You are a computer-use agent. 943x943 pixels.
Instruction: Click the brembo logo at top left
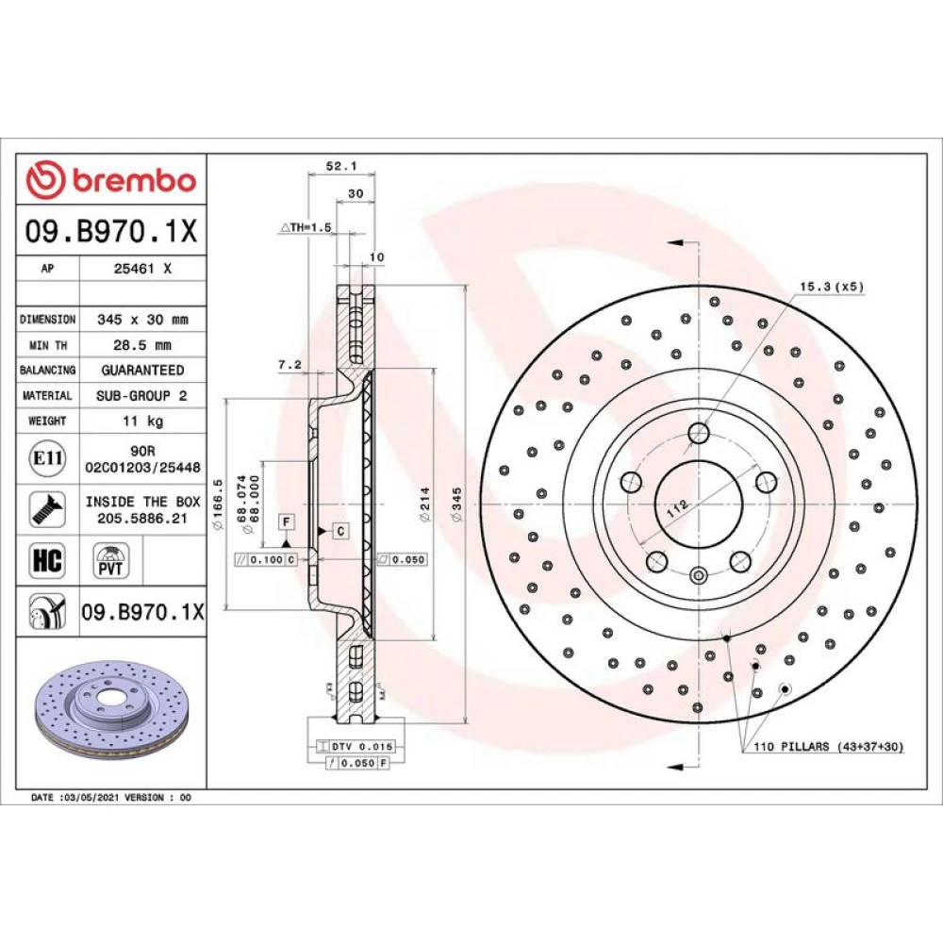(111, 180)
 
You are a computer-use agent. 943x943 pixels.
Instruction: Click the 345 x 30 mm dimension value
(142, 320)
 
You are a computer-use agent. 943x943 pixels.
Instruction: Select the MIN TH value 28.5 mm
(142, 345)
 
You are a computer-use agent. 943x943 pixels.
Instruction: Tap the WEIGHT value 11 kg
(142, 421)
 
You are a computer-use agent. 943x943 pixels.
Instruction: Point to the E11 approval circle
(47, 458)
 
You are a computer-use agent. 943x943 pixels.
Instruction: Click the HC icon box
(47, 560)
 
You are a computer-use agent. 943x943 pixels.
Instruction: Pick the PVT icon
(110, 560)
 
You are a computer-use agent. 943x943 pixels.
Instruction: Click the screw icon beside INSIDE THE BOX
(47, 509)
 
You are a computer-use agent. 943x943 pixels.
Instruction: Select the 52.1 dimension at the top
(341, 165)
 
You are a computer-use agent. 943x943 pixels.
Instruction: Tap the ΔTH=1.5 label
(306, 227)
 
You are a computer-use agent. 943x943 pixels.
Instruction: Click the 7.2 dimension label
(290, 364)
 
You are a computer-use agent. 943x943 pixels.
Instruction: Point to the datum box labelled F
(287, 522)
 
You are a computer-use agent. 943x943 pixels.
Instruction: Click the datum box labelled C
(340, 531)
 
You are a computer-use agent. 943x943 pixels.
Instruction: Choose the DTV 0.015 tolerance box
(356, 746)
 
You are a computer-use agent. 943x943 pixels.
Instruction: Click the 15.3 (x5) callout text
(832, 287)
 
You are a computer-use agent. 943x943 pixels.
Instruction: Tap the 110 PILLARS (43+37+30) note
(829, 746)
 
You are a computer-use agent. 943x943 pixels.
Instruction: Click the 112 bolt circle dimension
(678, 509)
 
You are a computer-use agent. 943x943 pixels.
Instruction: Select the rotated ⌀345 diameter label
(457, 505)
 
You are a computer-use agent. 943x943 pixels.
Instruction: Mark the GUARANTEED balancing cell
(142, 370)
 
